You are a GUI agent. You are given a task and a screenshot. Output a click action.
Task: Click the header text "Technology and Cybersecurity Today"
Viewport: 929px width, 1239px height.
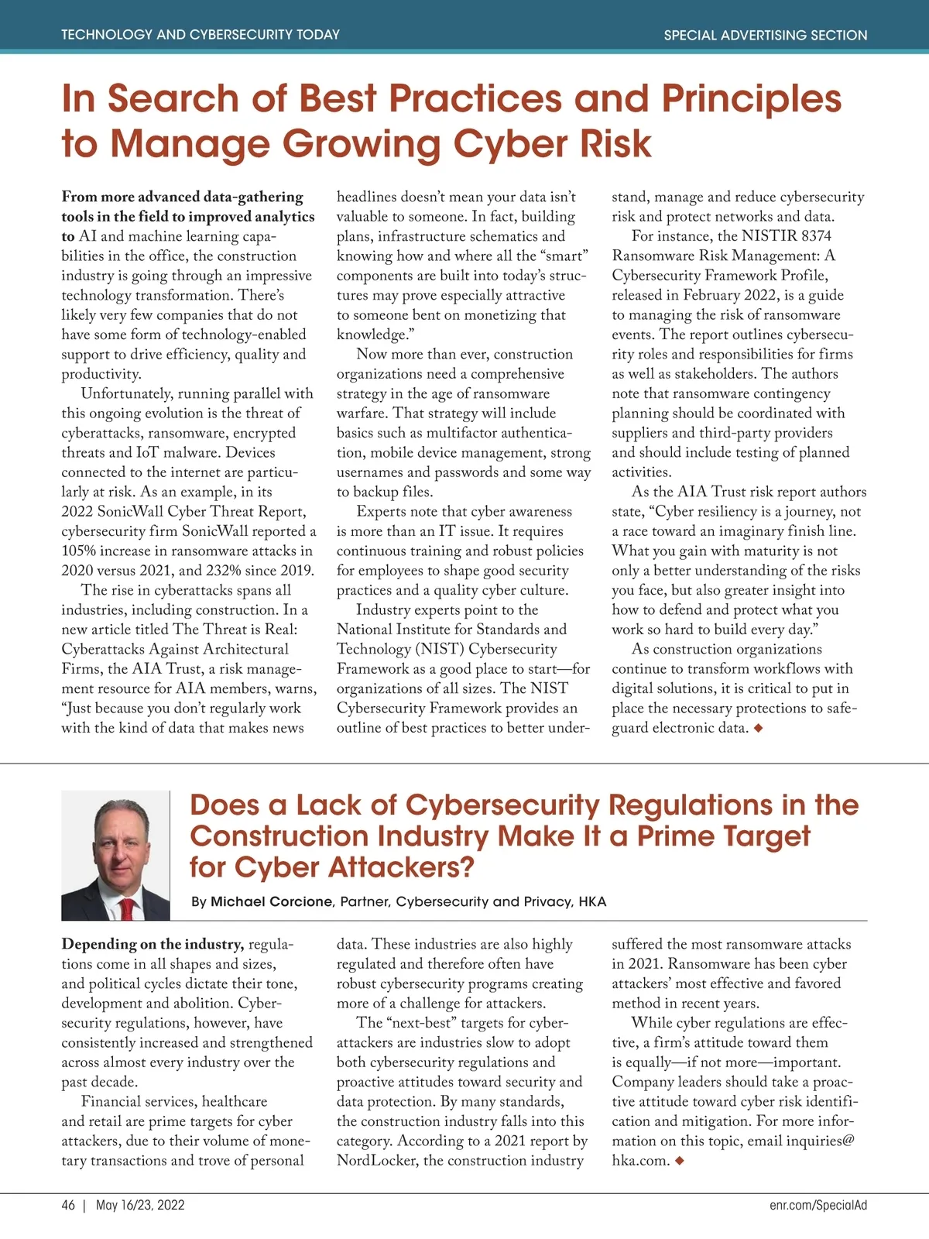point(200,35)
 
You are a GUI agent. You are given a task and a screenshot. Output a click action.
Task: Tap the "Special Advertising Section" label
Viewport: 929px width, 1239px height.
point(765,35)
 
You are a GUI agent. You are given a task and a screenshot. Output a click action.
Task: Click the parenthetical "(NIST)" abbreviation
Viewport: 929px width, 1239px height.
point(441,649)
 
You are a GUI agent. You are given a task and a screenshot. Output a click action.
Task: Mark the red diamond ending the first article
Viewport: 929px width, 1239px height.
point(758,728)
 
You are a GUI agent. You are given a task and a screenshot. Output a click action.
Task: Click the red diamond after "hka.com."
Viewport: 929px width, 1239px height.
point(679,1161)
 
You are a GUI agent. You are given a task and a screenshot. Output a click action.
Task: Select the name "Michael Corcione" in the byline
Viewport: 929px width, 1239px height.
point(272,901)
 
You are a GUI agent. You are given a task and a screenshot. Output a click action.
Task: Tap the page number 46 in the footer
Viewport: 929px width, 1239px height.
point(68,1205)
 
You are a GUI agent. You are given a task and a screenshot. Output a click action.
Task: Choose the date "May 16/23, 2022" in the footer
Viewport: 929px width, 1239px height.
point(140,1205)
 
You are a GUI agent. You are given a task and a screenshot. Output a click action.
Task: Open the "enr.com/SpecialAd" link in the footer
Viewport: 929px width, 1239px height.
point(818,1205)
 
